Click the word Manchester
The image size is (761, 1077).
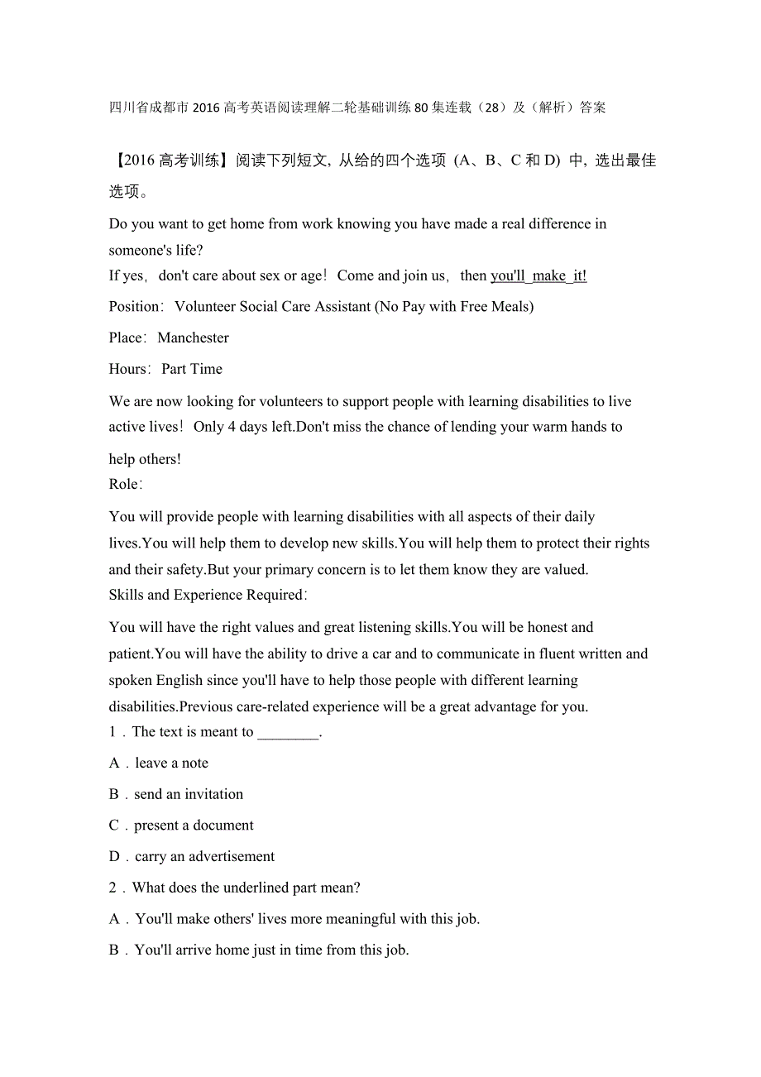(x=193, y=337)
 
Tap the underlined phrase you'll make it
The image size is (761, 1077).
(x=538, y=275)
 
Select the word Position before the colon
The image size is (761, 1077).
(x=134, y=307)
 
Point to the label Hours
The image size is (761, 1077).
(x=129, y=369)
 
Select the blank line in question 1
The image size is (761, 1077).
(x=288, y=732)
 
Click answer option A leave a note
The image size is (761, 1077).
(x=171, y=763)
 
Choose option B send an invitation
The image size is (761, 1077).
(x=189, y=794)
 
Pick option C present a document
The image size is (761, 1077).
(x=194, y=826)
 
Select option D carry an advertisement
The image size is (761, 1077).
(x=204, y=857)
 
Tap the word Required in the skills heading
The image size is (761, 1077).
(x=270, y=595)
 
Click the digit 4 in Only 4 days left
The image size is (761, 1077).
(x=232, y=427)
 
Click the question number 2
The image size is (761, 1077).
(x=112, y=888)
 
